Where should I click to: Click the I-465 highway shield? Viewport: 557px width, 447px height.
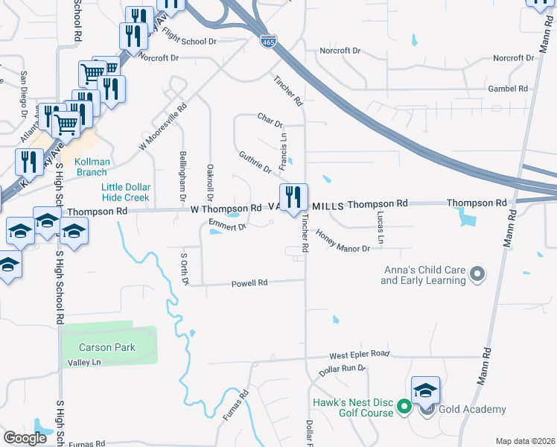pyautogui.click(x=268, y=42)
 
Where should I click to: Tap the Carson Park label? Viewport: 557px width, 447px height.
pyautogui.click(x=108, y=347)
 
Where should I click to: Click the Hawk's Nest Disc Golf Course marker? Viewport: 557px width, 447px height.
pyautogui.click(x=404, y=407)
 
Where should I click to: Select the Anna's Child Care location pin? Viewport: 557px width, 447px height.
pyautogui.click(x=477, y=275)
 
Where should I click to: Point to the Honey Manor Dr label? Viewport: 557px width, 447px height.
pyautogui.click(x=343, y=241)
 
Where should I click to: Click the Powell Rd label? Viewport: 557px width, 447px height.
pyautogui.click(x=249, y=283)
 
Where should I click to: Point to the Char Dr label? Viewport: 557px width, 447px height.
pyautogui.click(x=270, y=119)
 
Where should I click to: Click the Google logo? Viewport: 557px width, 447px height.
pyautogui.click(x=25, y=438)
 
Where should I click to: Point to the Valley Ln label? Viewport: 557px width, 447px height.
pyautogui.click(x=83, y=362)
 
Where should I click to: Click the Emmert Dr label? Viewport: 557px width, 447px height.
pyautogui.click(x=227, y=225)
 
